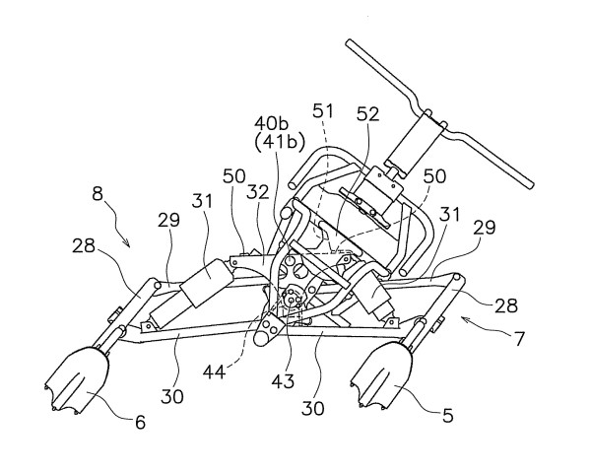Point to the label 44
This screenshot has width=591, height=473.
pyautogui.click(x=216, y=373)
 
